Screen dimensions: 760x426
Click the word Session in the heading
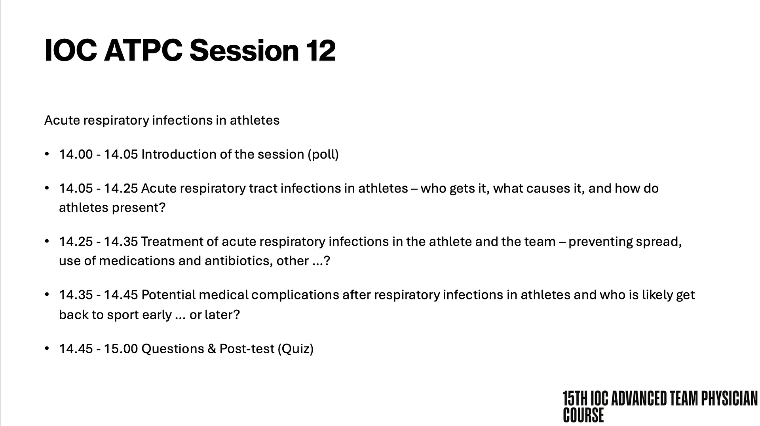pos(244,50)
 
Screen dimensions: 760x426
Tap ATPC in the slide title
pos(143,50)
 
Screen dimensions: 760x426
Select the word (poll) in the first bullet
pos(323,154)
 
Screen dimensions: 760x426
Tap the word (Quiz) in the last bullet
pos(296,349)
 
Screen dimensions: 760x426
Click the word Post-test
pos(247,349)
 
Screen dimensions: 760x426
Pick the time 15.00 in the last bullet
pos(121,349)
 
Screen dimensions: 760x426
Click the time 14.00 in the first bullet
pos(76,154)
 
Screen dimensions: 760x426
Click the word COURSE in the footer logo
pos(583,415)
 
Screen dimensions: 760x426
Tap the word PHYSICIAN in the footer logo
pos(729,399)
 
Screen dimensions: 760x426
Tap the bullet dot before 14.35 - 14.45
pos(47,295)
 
